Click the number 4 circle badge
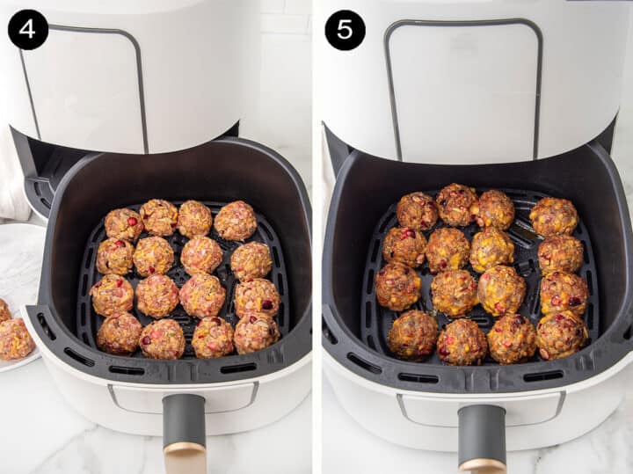tap(28, 30)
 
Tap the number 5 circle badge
tap(345, 30)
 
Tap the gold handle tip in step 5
tap(482, 466)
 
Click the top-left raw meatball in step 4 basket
tap(123, 224)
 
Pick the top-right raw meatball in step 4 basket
tap(236, 221)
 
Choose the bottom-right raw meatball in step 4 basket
tap(256, 332)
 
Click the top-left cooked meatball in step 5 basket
tap(417, 211)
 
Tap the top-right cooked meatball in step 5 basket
tap(554, 216)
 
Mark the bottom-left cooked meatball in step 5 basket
tap(413, 334)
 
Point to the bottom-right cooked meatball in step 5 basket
tap(561, 334)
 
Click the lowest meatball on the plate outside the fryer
tap(15, 339)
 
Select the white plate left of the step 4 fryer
tap(19, 264)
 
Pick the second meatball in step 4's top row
tap(159, 217)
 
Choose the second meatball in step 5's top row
tap(456, 204)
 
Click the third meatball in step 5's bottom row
tap(512, 339)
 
